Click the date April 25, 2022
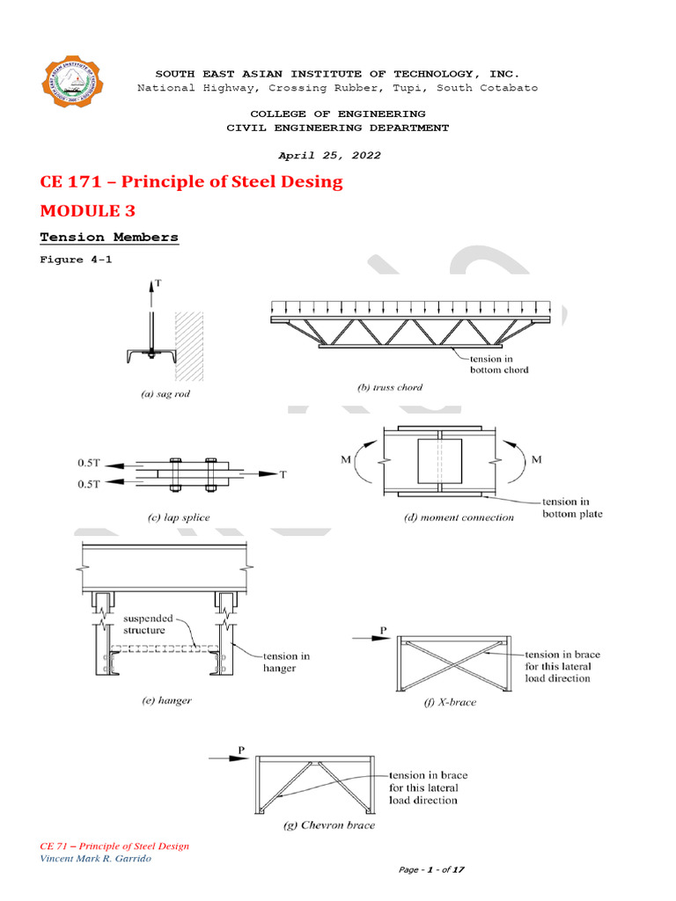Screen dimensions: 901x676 (x=330, y=155)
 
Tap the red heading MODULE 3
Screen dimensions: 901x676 (x=90, y=211)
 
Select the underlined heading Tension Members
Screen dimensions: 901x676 (x=109, y=238)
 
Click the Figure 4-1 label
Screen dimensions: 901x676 (x=76, y=260)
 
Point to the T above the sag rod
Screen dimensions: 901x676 (x=157, y=284)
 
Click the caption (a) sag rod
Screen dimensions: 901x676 (x=165, y=394)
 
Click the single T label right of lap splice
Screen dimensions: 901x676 (x=283, y=474)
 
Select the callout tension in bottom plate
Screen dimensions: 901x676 (x=572, y=508)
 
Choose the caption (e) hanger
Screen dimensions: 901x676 (x=166, y=700)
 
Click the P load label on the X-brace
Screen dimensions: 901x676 (x=382, y=629)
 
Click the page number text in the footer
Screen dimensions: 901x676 (x=431, y=869)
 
